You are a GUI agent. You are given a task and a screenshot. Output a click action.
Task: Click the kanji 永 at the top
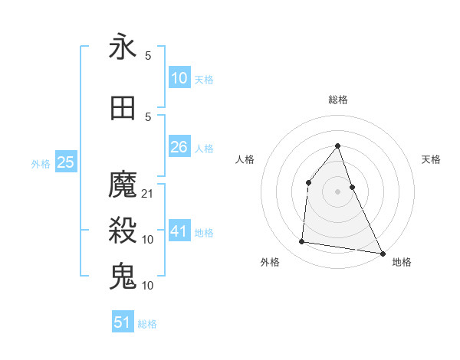tap(123, 47)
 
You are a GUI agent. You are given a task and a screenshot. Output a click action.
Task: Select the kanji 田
tap(123, 108)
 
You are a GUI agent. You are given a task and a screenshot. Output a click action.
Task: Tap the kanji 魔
tap(123, 185)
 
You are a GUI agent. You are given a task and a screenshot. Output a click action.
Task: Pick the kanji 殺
tap(123, 230)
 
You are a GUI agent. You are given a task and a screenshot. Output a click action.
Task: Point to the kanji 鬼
tap(123, 276)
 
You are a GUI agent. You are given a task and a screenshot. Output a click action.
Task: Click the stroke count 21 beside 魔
tap(148, 194)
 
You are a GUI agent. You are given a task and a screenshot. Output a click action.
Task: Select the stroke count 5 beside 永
tap(148, 56)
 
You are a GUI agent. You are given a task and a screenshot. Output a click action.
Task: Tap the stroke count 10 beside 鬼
tap(148, 285)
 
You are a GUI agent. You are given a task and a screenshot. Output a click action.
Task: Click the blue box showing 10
tap(179, 78)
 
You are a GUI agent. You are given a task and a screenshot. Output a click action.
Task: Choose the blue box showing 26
tap(179, 147)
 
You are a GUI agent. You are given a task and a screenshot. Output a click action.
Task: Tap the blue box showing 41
tap(179, 231)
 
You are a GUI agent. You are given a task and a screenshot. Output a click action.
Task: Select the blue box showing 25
tap(65, 162)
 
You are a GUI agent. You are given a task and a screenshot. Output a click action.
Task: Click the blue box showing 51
tap(123, 322)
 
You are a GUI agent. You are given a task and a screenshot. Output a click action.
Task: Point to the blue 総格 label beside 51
tap(147, 324)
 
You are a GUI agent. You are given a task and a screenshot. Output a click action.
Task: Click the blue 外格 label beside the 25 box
tap(41, 163)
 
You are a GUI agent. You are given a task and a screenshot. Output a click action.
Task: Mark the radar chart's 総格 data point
tap(337, 146)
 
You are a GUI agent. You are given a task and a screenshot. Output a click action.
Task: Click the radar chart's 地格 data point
tap(382, 253)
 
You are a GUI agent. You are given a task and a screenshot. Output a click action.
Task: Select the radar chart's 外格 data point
tap(302, 242)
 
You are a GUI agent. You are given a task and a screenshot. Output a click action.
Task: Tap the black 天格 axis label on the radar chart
tap(431, 159)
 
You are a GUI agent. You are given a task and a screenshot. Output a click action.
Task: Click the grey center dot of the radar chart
tap(337, 191)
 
